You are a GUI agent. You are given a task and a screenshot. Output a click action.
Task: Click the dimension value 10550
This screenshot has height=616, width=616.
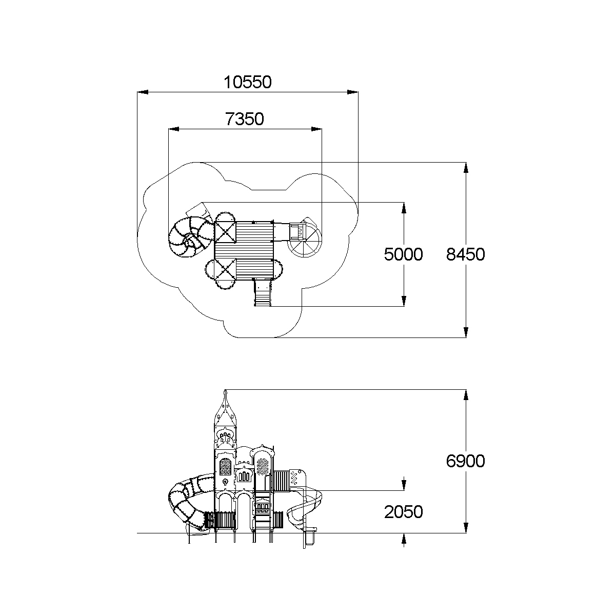(247, 82)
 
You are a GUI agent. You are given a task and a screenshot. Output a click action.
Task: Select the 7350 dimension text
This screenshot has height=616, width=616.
(245, 119)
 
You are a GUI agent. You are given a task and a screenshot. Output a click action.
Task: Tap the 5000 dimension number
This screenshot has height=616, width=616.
(404, 254)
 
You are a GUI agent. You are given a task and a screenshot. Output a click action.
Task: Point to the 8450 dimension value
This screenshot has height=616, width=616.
(465, 254)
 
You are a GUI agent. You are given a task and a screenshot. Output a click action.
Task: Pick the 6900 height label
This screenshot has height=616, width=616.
(465, 461)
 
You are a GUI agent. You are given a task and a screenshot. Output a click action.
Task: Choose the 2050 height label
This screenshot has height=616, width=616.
(404, 511)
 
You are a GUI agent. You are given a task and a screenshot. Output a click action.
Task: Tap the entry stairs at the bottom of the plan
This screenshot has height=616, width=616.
(263, 293)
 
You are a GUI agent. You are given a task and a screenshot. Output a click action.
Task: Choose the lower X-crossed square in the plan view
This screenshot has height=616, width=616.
(226, 270)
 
